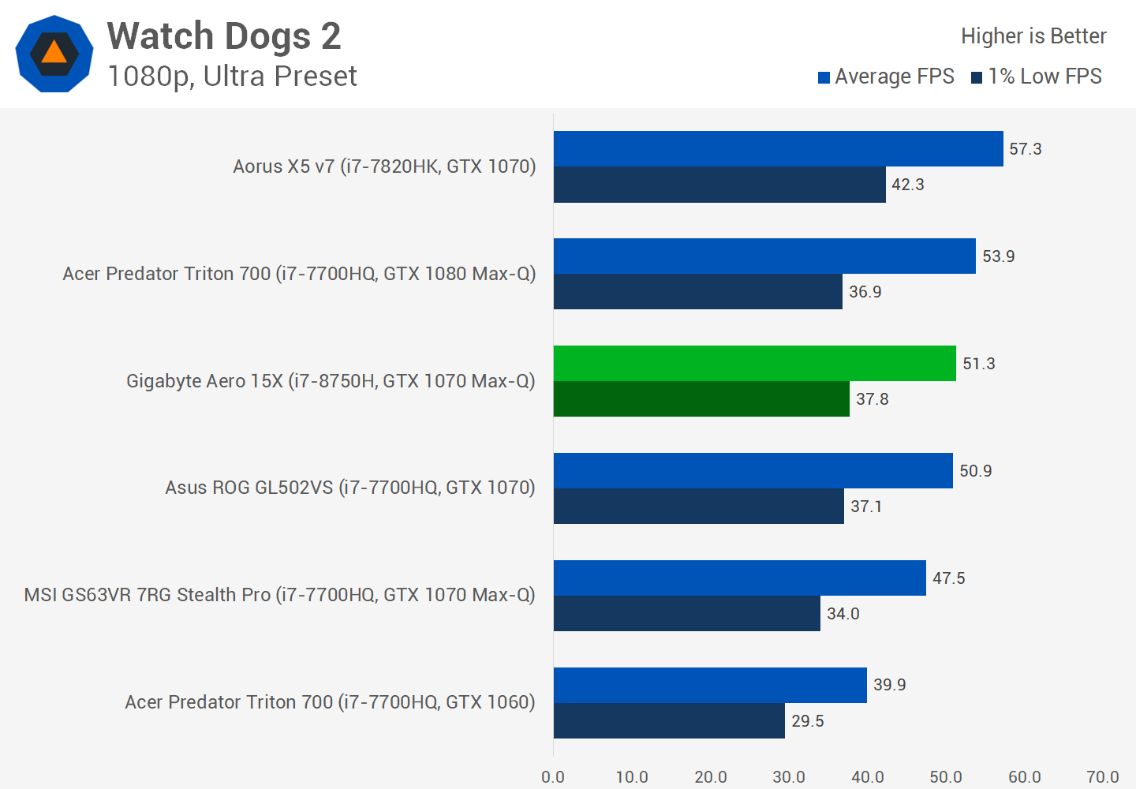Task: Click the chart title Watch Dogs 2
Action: [x=224, y=36]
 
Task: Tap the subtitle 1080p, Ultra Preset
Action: [x=232, y=77]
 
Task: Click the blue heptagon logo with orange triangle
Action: [x=54, y=54]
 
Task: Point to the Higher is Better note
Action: [x=1033, y=36]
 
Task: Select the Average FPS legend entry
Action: [x=887, y=77]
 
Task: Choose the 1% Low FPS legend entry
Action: [x=1037, y=77]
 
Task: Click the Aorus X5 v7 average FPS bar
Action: [x=778, y=148]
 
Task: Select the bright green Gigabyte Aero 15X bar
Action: [x=754, y=363]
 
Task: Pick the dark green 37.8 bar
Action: [x=701, y=399]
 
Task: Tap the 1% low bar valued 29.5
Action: [x=669, y=720]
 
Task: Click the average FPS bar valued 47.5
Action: [x=739, y=578]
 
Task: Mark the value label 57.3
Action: [x=1026, y=149]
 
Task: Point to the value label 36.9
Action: [x=865, y=292]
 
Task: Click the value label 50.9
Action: [x=976, y=471]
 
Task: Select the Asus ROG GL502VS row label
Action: [x=350, y=488]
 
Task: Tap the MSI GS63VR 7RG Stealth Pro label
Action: [x=279, y=595]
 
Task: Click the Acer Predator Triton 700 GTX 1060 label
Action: [x=330, y=702]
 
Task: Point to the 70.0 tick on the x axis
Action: [x=1102, y=777]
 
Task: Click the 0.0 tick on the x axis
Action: [x=553, y=777]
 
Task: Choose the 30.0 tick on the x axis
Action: [x=789, y=777]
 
